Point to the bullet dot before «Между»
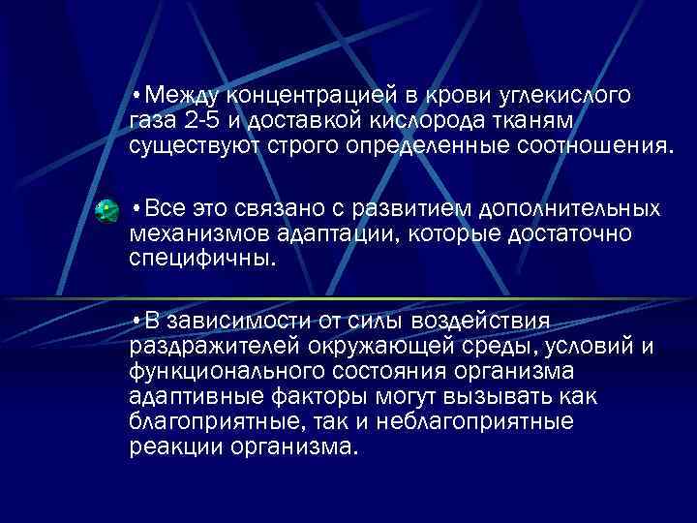pyautogui.click(x=138, y=96)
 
